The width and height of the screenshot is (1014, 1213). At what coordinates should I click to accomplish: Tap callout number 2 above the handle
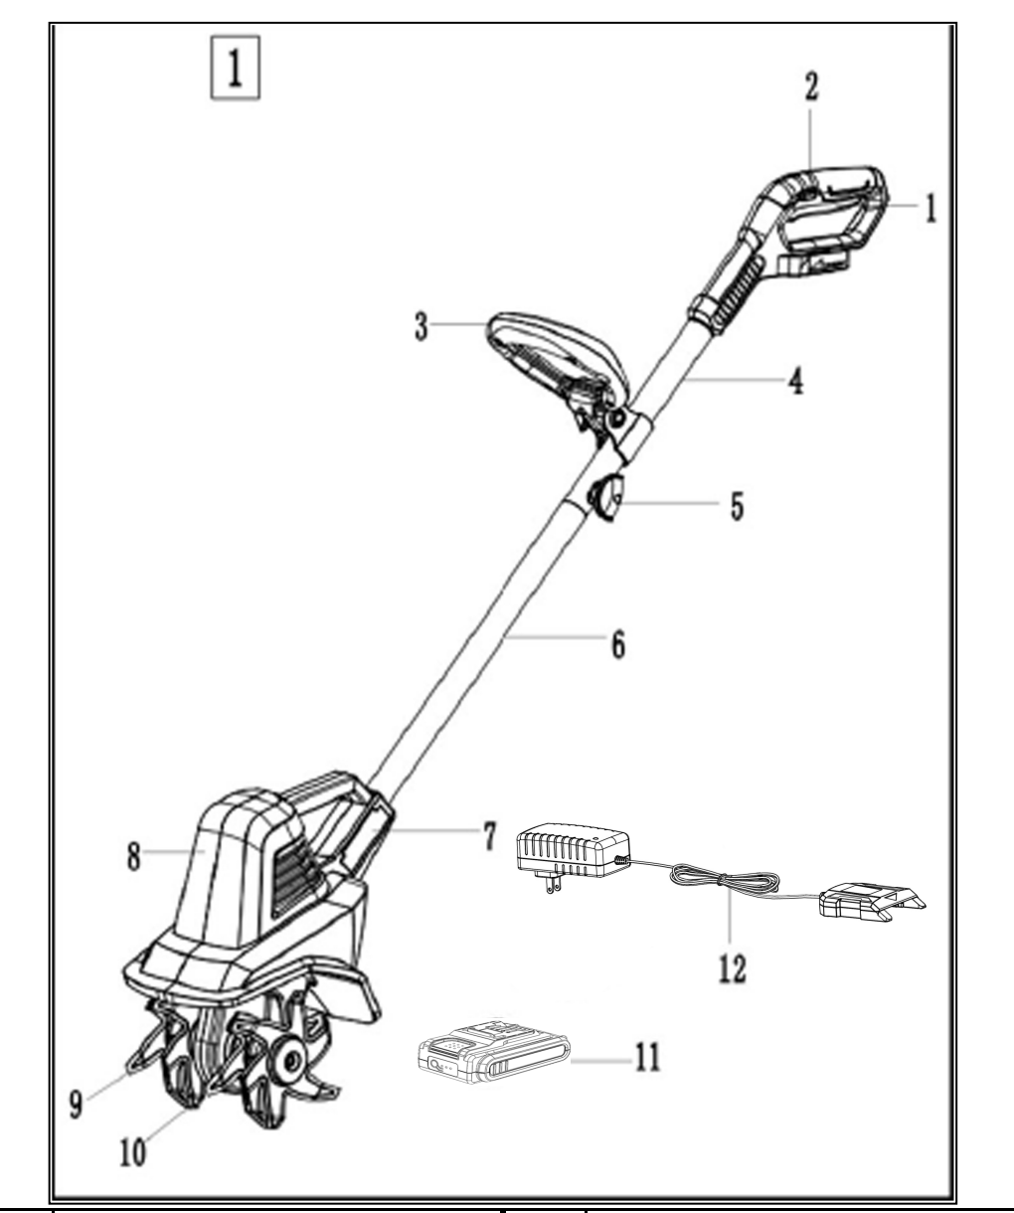click(811, 87)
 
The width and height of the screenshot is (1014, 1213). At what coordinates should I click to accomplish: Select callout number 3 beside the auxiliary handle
click(422, 328)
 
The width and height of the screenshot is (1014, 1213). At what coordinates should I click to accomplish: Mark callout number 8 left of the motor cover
click(133, 856)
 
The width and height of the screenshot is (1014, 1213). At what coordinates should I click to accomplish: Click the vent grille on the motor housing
click(295, 862)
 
